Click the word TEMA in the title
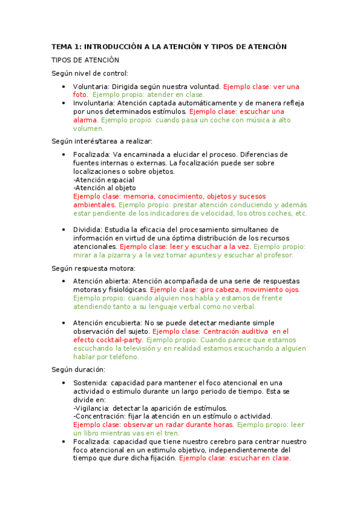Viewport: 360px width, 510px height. [62, 46]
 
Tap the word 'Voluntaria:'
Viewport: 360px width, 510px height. [92, 87]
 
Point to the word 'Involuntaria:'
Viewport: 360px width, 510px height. [95, 103]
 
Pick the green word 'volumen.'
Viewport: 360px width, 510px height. [88, 129]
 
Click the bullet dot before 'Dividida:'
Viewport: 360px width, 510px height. [65, 230]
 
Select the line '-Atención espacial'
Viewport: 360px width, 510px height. [103, 180]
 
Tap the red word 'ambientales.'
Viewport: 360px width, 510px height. [94, 204]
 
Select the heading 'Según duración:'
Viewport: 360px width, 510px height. [78, 369]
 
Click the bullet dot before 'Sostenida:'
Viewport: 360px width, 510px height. [65, 383]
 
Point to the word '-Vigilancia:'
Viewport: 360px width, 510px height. [91, 408]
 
